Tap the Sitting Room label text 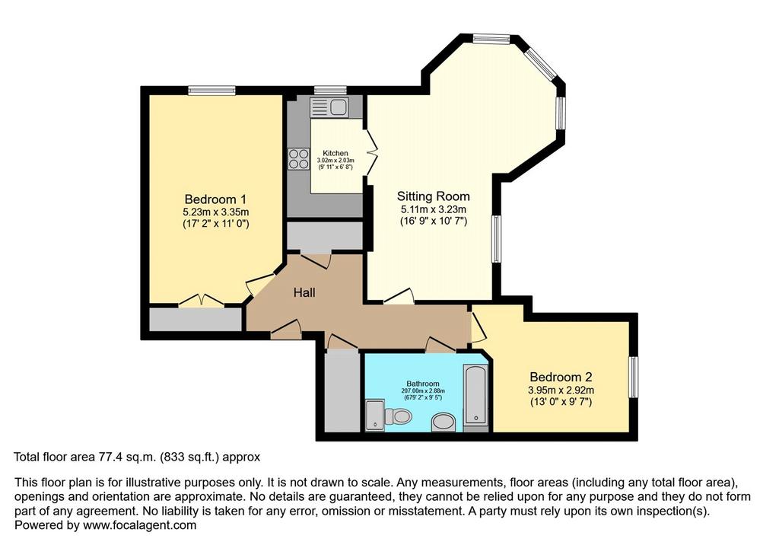pos(433,196)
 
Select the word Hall pos(304,292)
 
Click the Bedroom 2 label pos(561,377)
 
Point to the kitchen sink pos(329,107)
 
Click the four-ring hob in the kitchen pos(298,159)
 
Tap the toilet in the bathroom pos(398,415)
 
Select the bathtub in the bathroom pos(476,395)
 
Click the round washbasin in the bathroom pos(444,423)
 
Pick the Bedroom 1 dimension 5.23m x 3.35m pos(215,212)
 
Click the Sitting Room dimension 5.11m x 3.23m pos(433,209)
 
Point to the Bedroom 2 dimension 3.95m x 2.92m pos(561,390)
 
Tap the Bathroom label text pos(423,384)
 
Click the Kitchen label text pos(335,153)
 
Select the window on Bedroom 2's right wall pos(634,377)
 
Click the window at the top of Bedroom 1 pos(211,90)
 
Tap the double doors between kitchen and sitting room pos(370,151)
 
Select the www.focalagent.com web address pos(140,525)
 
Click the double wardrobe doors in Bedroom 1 pos(201,300)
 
